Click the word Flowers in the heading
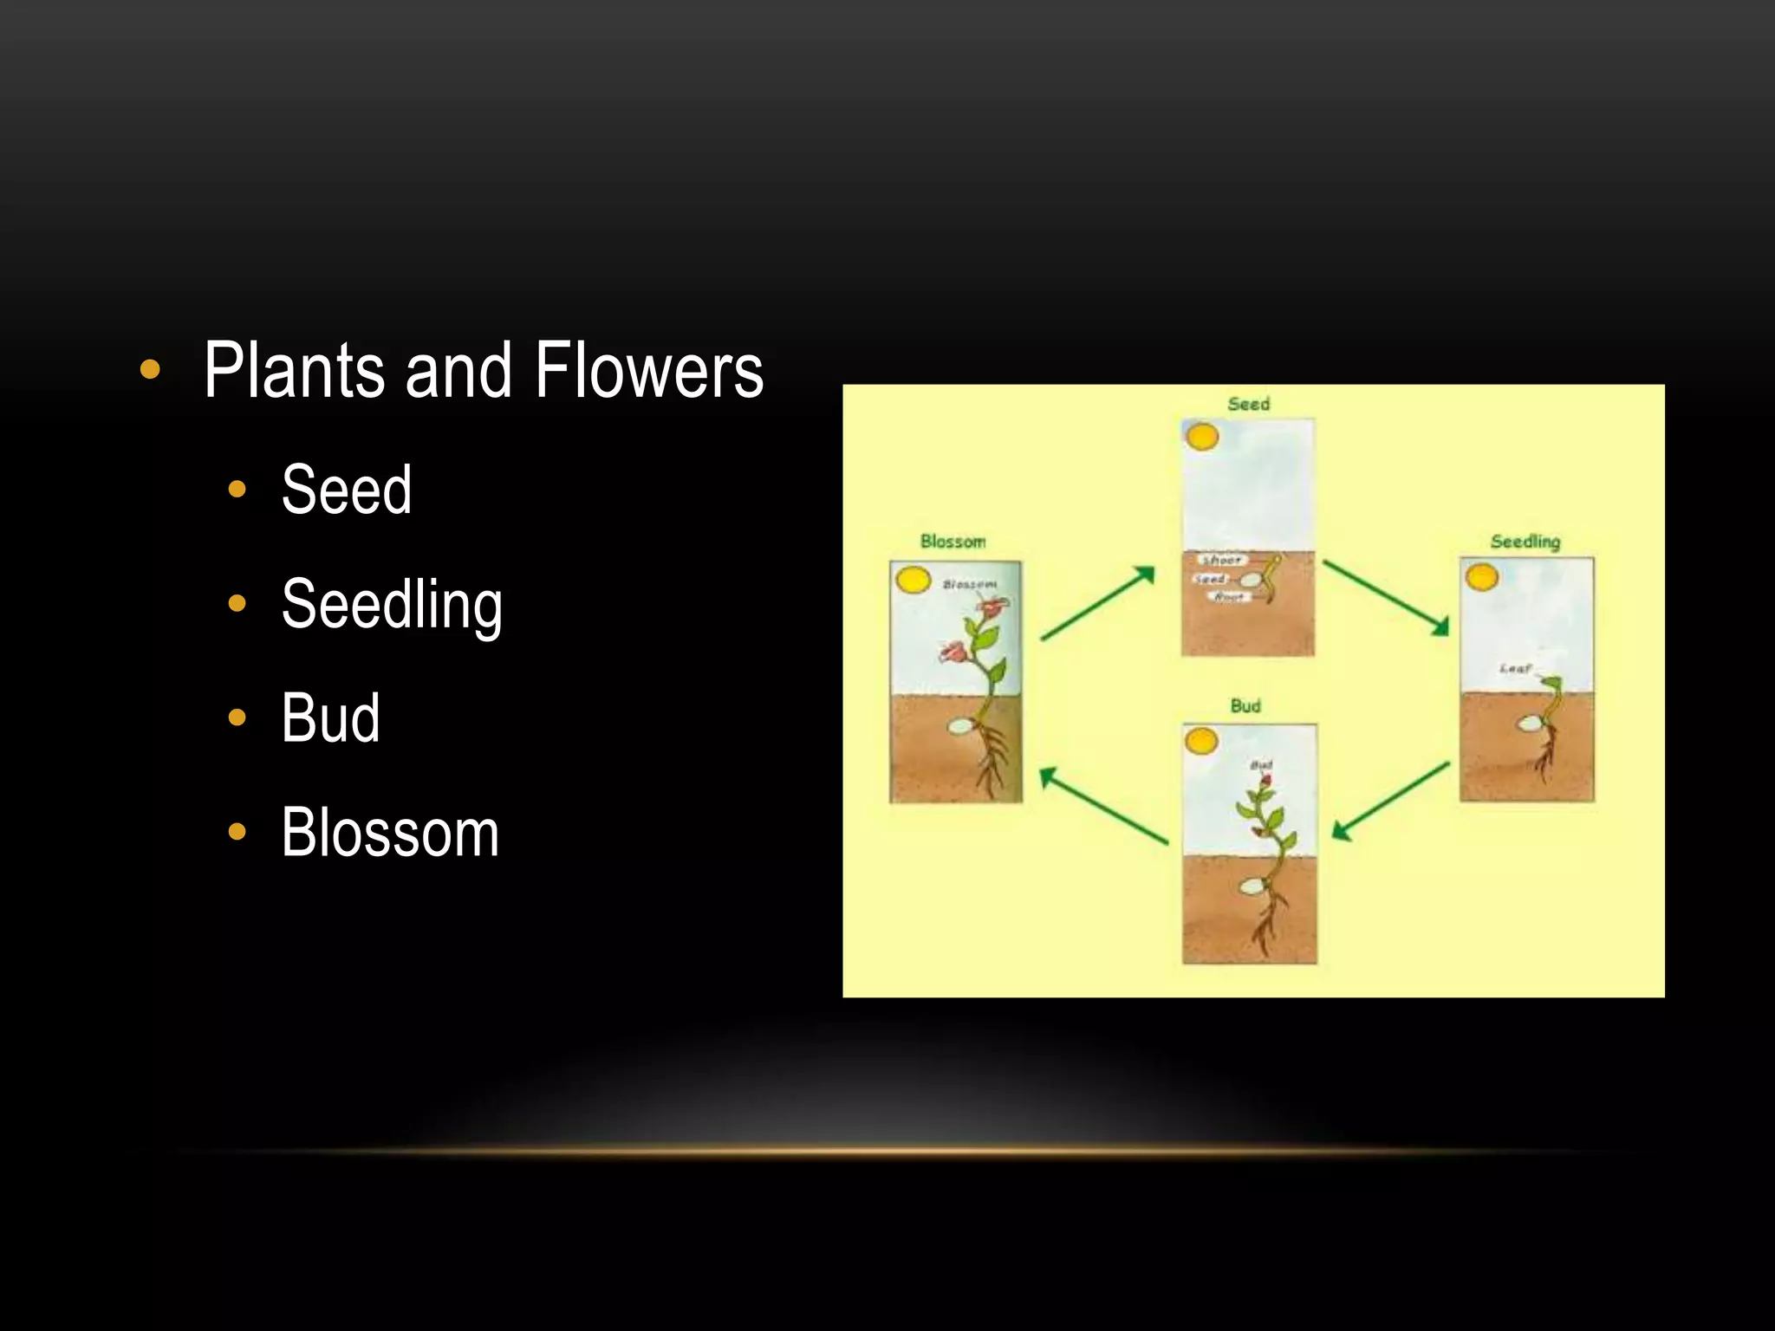(x=648, y=371)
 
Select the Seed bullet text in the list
(x=347, y=490)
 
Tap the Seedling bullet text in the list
(x=392, y=605)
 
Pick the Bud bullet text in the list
(x=330, y=718)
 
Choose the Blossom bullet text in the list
(x=390, y=833)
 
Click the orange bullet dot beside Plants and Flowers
(x=150, y=370)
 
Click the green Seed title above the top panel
(x=1248, y=404)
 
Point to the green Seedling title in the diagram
(x=1525, y=542)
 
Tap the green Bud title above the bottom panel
(x=1245, y=706)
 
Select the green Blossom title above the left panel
(x=953, y=542)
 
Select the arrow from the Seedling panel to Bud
(x=1390, y=802)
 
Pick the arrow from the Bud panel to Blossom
(x=1103, y=806)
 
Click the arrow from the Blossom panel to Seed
(x=1098, y=603)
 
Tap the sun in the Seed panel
(x=1202, y=437)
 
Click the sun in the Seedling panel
(x=1481, y=576)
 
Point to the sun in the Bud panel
(x=1201, y=741)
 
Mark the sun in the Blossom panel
(x=912, y=580)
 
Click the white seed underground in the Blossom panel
(x=959, y=726)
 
